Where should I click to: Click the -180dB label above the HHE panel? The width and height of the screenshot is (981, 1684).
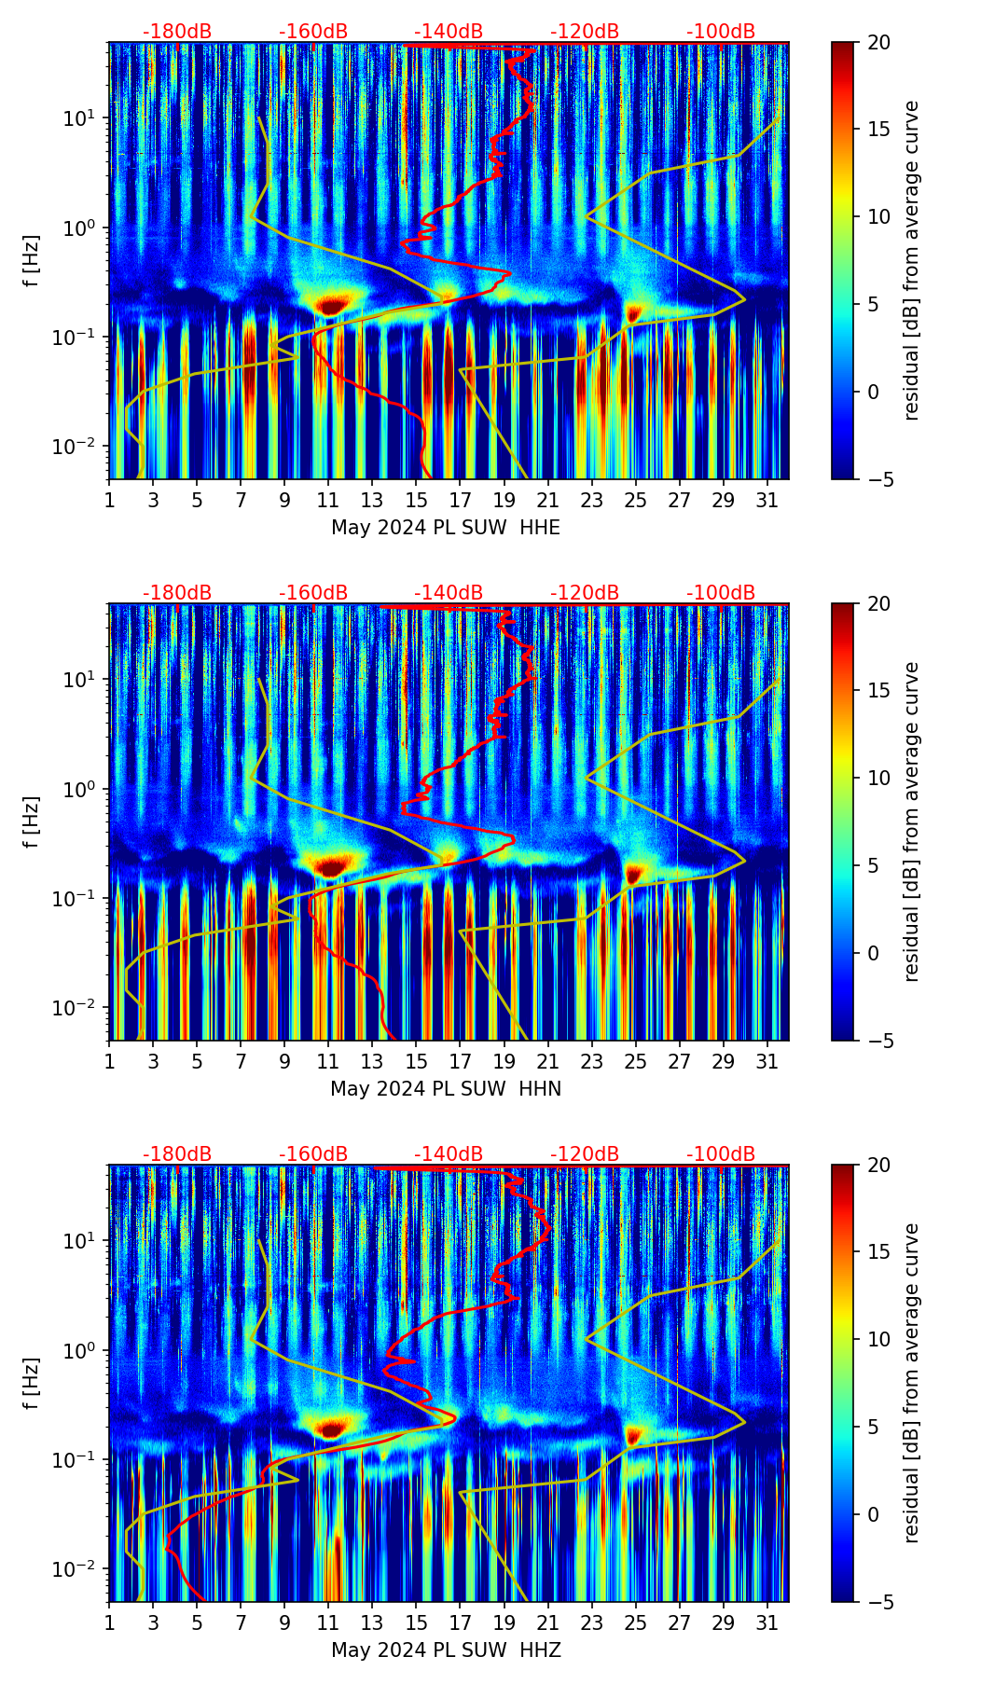click(177, 32)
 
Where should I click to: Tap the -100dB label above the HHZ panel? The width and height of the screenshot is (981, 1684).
click(721, 1154)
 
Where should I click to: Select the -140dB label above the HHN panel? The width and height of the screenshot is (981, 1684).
click(449, 593)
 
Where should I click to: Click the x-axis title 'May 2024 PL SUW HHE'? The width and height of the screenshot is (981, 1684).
click(446, 528)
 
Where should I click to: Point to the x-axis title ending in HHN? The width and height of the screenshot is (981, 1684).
click(446, 1089)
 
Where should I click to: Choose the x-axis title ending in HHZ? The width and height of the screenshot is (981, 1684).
click(446, 1650)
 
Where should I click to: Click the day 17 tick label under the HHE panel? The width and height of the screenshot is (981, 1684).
click(461, 501)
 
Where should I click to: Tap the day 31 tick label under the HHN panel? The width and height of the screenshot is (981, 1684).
click(767, 1062)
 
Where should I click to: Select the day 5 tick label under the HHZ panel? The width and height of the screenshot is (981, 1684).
click(198, 1623)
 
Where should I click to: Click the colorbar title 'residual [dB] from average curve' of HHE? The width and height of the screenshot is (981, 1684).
click(911, 260)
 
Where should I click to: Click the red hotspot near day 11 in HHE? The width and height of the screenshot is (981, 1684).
click(332, 304)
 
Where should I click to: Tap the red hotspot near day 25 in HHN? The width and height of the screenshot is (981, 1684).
click(635, 875)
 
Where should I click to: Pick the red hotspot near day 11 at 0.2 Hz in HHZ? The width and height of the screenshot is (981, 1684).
click(331, 1428)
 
